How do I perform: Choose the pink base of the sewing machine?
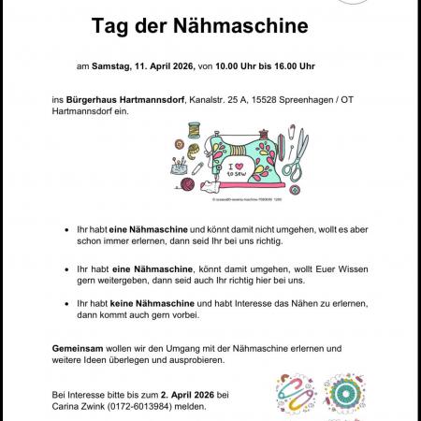coord(251,186)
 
